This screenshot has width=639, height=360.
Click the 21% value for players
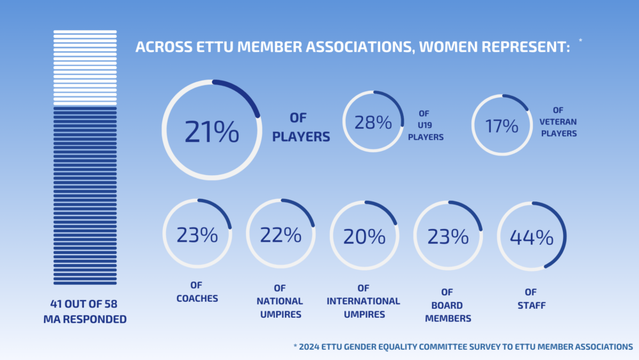pos(212,131)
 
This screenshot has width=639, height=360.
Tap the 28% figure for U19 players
pos(373,122)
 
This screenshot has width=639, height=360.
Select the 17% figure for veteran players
pos(501,125)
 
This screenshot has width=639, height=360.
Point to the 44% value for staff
pos(531,237)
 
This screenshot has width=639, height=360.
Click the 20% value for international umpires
pos(364,236)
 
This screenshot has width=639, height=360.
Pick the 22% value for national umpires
pos(281,235)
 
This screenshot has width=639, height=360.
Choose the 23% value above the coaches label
pos(197,235)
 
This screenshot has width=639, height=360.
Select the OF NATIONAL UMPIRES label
pos(281,301)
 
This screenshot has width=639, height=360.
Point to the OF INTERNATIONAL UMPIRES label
pos(364,301)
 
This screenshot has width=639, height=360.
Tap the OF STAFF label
pos(531,301)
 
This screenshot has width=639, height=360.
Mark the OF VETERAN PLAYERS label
pos(558,121)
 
